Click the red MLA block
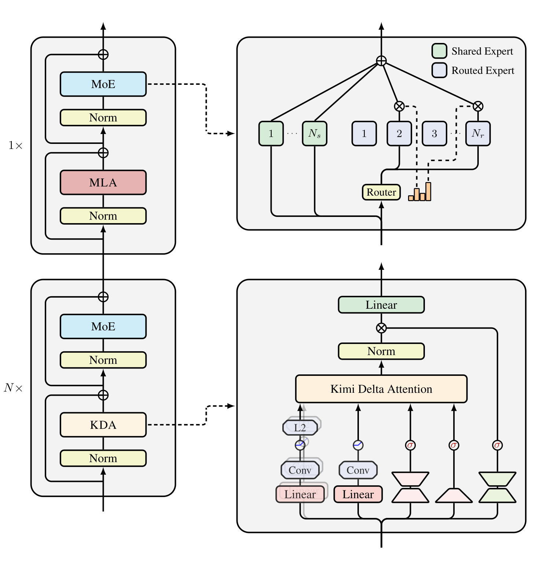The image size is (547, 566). [103, 182]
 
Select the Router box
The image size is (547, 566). [381, 192]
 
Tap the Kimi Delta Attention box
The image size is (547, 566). [381, 389]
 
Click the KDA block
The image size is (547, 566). [103, 425]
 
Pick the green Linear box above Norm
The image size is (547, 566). [381, 305]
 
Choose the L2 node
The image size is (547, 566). [300, 428]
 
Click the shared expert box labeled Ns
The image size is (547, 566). [315, 134]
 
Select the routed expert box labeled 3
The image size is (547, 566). [434, 134]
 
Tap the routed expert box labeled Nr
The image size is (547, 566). [478, 134]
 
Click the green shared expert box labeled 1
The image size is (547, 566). [271, 134]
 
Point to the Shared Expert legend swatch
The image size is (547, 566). [439, 51]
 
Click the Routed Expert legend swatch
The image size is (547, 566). [439, 70]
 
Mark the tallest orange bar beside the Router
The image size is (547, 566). [428, 192]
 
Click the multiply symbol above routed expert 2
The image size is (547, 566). [399, 106]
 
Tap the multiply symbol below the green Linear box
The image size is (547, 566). [381, 328]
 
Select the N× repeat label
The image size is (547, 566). [13, 388]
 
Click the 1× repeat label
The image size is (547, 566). [15, 146]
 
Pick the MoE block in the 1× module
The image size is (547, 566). [103, 84]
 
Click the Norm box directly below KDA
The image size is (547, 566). [103, 458]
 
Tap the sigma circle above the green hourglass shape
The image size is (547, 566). [497, 445]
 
